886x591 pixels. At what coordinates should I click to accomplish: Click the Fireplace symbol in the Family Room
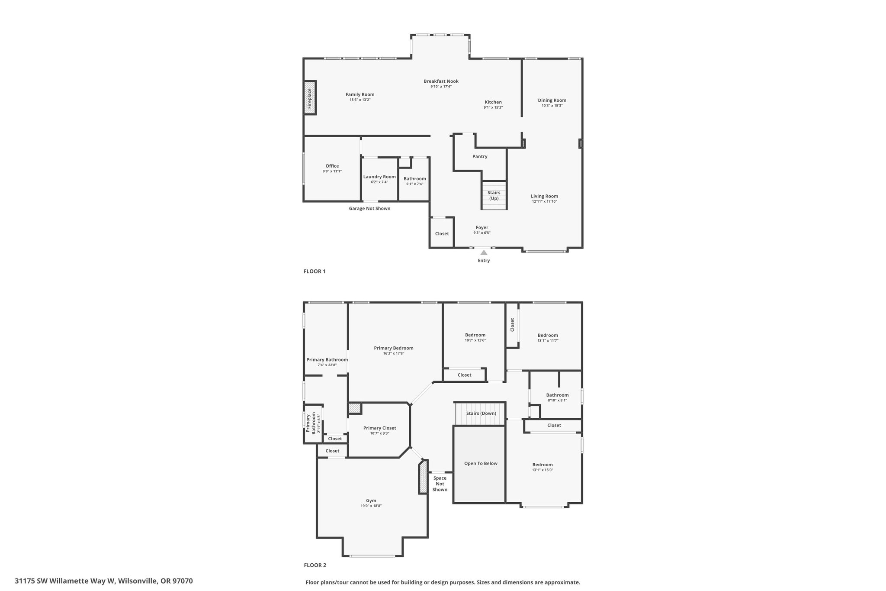tap(310, 98)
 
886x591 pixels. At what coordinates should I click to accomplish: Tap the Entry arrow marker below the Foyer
tap(484, 252)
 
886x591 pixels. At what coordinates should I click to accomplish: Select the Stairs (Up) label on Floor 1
tap(494, 195)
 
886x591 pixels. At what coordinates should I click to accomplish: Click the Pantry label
tap(480, 156)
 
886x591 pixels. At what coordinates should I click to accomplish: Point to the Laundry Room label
tap(379, 177)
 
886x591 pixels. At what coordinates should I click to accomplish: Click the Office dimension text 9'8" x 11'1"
tap(332, 171)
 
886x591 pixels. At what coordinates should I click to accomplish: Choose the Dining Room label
tap(552, 100)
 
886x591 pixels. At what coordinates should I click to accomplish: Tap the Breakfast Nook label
tap(441, 81)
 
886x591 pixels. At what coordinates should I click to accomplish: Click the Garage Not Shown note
tap(369, 208)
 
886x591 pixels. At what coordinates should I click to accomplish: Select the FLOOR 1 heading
tap(315, 271)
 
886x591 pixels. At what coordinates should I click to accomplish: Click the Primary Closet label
tap(380, 428)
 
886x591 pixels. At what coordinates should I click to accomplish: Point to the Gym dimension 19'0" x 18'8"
tap(371, 506)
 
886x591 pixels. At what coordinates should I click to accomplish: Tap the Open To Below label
tap(481, 463)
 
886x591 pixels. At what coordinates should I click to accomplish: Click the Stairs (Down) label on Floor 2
tap(481, 413)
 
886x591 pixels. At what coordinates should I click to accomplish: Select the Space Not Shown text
tap(440, 484)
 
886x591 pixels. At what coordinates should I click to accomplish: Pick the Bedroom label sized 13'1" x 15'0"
tap(543, 465)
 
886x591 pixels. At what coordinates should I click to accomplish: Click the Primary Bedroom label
tap(394, 348)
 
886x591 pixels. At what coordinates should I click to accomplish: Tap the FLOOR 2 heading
tap(315, 565)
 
